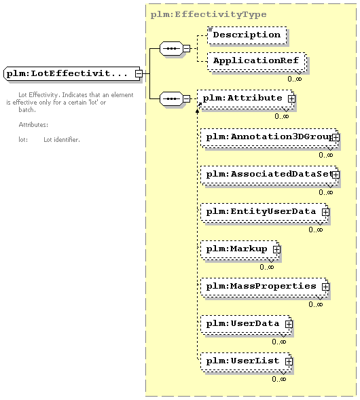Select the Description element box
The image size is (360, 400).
[247, 35]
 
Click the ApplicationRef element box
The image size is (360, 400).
[256, 61]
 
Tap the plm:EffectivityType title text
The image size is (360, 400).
[209, 14]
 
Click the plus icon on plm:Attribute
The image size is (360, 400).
[291, 98]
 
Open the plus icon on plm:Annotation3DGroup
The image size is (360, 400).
[336, 137]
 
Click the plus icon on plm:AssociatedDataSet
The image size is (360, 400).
[336, 175]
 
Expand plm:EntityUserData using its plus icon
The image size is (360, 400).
[325, 212]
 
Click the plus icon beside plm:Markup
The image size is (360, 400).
[276, 249]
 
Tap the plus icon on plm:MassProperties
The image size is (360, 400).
[325, 287]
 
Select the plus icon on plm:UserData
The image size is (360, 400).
[289, 324]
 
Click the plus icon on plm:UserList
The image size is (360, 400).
[289, 361]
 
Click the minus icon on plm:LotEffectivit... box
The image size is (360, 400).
[139, 73]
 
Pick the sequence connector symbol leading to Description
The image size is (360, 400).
[171, 48]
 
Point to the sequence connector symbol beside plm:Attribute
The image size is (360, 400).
[171, 98]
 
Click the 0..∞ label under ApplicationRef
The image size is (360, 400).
[295, 79]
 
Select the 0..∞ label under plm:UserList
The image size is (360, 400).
[279, 379]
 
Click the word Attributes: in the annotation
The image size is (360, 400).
[33, 125]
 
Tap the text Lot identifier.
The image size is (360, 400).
[62, 140]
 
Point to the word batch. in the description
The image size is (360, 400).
[27, 110]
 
